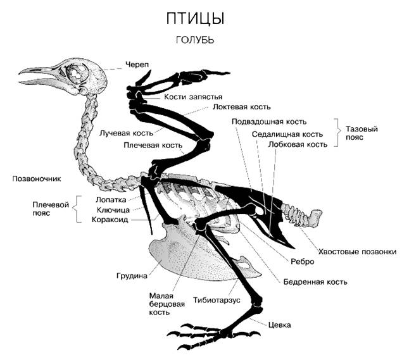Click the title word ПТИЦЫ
[x=196, y=19]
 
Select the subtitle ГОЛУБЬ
[x=195, y=40]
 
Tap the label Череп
[x=137, y=65]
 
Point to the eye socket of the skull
[x=76, y=73]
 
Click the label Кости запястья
[x=193, y=97]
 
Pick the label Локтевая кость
[x=242, y=107]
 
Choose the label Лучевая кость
[x=126, y=133]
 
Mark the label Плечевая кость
[x=153, y=145]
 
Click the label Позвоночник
[x=37, y=179]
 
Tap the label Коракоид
[x=110, y=220]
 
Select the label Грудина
[x=132, y=276]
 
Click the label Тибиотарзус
[x=217, y=300]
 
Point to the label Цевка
[x=279, y=325]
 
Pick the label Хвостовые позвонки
[x=357, y=252]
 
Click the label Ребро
[x=302, y=261]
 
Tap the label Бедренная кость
[x=315, y=282]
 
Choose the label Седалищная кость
[x=287, y=134]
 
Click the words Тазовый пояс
[x=362, y=133]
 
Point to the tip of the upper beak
[x=19, y=74]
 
